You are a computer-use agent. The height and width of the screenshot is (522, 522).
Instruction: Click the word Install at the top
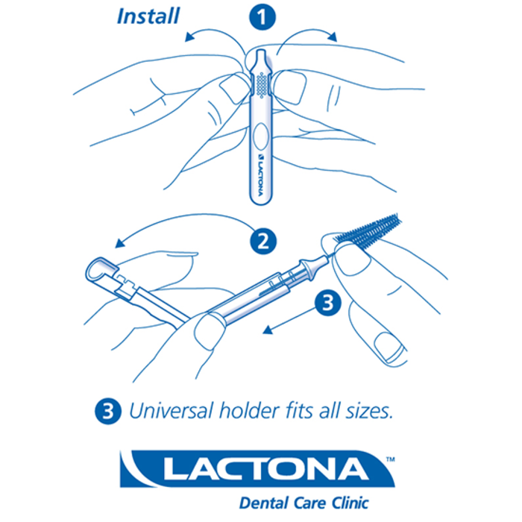pyautogui.click(x=148, y=14)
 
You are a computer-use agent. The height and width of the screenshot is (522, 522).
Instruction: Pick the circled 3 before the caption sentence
pyautogui.click(x=108, y=409)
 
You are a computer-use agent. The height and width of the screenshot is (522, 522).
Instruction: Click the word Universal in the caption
pyautogui.click(x=166, y=409)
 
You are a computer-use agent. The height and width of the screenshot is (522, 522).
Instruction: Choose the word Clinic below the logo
pyautogui.click(x=348, y=502)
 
